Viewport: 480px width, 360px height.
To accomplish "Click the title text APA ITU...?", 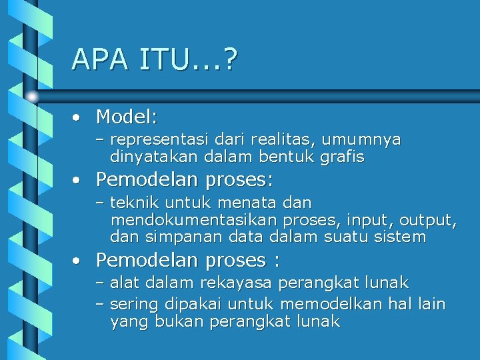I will point(154,60).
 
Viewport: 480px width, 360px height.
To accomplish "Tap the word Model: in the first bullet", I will point(127,117).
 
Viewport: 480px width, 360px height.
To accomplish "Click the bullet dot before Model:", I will point(78,118).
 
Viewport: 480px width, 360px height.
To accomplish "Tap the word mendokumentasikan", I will point(195,219).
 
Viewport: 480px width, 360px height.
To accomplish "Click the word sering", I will point(134,305).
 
